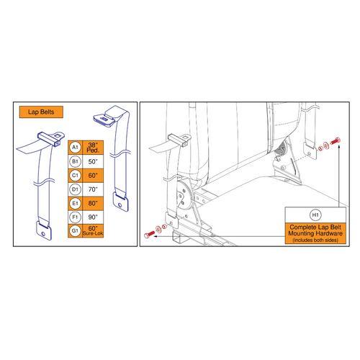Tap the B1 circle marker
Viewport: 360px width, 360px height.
pyautogui.click(x=75, y=162)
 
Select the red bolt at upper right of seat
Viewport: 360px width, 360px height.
pyautogui.click(x=335, y=145)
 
